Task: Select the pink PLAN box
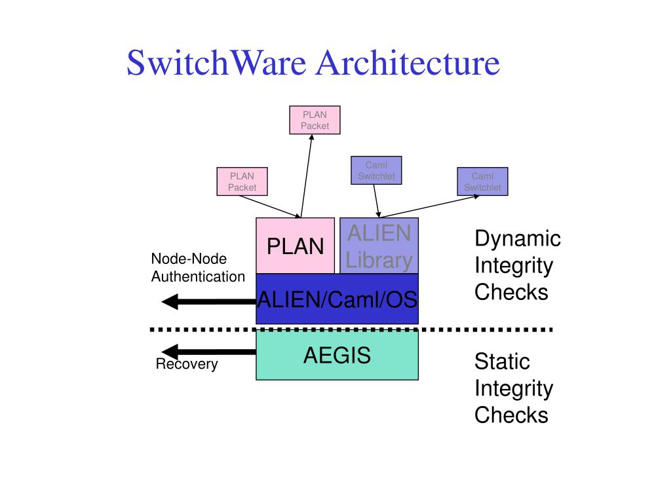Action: (295, 246)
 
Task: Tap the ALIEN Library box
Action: (379, 246)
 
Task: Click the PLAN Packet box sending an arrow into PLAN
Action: (242, 181)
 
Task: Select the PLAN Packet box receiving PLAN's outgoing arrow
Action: (315, 120)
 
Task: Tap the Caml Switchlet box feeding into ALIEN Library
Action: (376, 170)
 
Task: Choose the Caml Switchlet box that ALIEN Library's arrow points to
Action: (482, 181)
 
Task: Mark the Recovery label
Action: (186, 364)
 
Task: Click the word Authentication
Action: (198, 276)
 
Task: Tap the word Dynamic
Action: (518, 238)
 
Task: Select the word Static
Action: (502, 362)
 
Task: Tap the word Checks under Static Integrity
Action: (511, 415)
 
